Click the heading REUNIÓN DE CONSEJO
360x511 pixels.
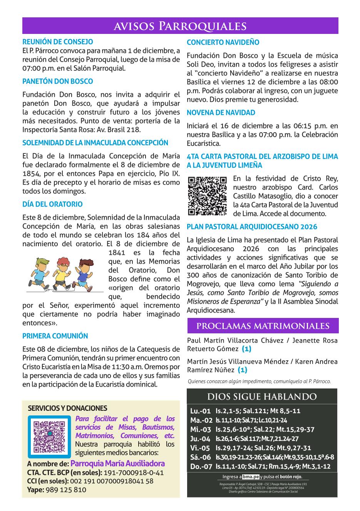(x=58, y=42)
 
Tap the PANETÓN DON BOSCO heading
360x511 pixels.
(x=58, y=81)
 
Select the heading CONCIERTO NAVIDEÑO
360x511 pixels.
(x=223, y=42)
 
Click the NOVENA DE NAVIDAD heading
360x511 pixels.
(x=221, y=113)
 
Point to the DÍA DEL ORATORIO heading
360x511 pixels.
(x=52, y=204)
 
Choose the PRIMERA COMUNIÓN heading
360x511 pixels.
(x=55, y=336)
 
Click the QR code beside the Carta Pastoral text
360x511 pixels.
(x=207, y=196)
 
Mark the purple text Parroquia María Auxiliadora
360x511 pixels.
(x=118, y=464)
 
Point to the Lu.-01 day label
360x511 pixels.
(x=201, y=411)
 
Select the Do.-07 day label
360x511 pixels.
(x=201, y=466)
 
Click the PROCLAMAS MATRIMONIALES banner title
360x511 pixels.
(x=263, y=326)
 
